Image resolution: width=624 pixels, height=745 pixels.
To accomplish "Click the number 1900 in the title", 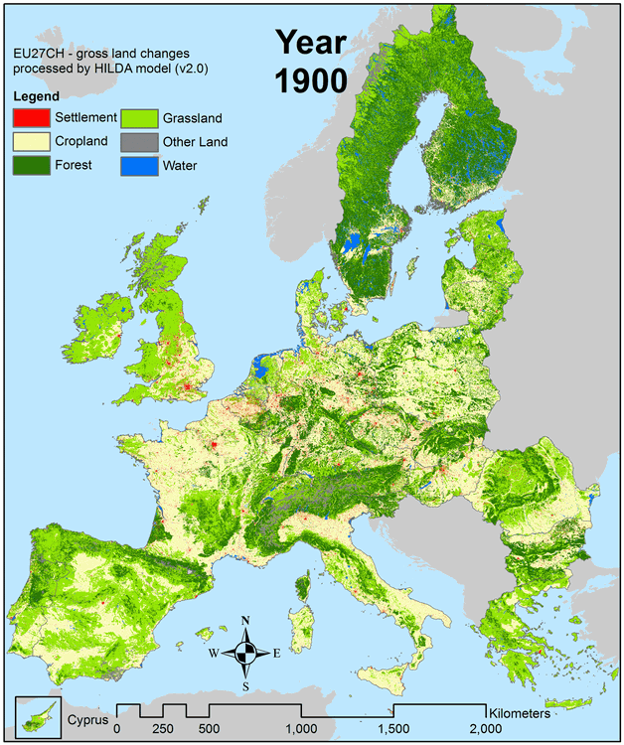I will point(310,79).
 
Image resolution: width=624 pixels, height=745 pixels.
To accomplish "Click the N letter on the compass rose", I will point(245,621).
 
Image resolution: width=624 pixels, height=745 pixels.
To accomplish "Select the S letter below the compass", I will point(245,685).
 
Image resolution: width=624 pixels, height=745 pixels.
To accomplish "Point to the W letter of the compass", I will point(213,654).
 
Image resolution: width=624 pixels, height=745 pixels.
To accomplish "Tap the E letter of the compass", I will point(276,654).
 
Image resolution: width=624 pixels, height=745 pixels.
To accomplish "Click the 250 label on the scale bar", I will point(163,728).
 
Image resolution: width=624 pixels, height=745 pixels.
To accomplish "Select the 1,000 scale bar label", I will point(302,728).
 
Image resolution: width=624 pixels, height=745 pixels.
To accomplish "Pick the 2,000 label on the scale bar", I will point(486,728).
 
